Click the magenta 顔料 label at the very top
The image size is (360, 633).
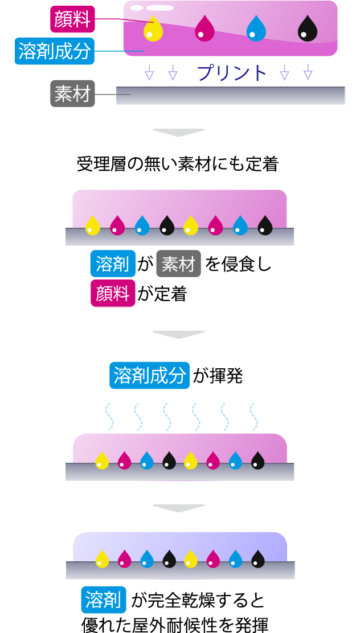tap(72, 19)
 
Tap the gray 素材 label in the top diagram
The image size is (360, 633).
tap(72, 93)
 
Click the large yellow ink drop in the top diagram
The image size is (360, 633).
tap(153, 28)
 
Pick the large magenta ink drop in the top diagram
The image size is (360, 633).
tap(204, 28)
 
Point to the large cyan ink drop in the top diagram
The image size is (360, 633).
tap(256, 28)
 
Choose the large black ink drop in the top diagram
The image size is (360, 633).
tap(308, 28)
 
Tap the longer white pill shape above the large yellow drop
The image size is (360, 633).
tap(160, 8)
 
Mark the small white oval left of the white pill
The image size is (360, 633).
tap(137, 8)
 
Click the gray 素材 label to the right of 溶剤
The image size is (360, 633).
tap(178, 264)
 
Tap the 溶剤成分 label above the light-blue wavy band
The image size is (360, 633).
tap(150, 376)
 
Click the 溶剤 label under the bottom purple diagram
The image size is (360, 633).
tap(103, 599)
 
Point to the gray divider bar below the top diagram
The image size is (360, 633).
tap(179, 133)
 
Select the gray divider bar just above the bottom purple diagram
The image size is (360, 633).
tap(179, 508)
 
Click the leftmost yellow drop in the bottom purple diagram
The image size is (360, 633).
tap(102, 559)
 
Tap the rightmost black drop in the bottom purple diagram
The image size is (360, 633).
tap(258, 559)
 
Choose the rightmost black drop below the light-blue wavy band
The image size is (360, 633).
tap(258, 460)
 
